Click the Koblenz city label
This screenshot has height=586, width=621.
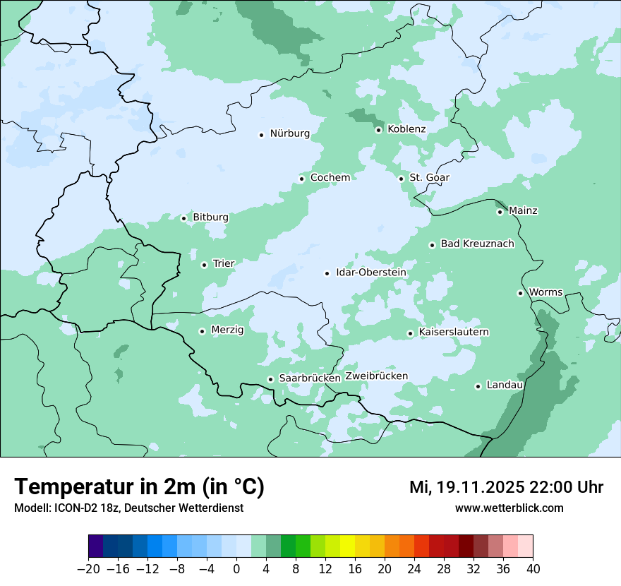click(406, 129)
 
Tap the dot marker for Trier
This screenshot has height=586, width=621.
click(204, 265)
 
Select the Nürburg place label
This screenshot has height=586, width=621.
click(289, 133)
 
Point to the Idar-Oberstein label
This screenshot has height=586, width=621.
click(370, 273)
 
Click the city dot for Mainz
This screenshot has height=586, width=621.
click(500, 212)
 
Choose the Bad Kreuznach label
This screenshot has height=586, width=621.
click(477, 244)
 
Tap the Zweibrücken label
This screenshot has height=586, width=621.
click(376, 376)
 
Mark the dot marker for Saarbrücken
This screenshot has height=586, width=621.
click(270, 379)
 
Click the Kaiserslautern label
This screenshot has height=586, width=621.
click(454, 332)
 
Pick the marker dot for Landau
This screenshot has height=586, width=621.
click(478, 386)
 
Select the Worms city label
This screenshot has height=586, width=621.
click(545, 292)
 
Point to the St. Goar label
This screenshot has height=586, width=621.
click(429, 177)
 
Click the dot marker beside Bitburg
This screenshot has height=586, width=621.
click(183, 218)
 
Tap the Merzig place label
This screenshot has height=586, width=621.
click(227, 330)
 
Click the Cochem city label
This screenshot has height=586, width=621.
click(330, 177)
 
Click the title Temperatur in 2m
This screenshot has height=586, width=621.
click(139, 487)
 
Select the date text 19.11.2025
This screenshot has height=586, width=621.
click(477, 487)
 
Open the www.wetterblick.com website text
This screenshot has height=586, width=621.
click(509, 508)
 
